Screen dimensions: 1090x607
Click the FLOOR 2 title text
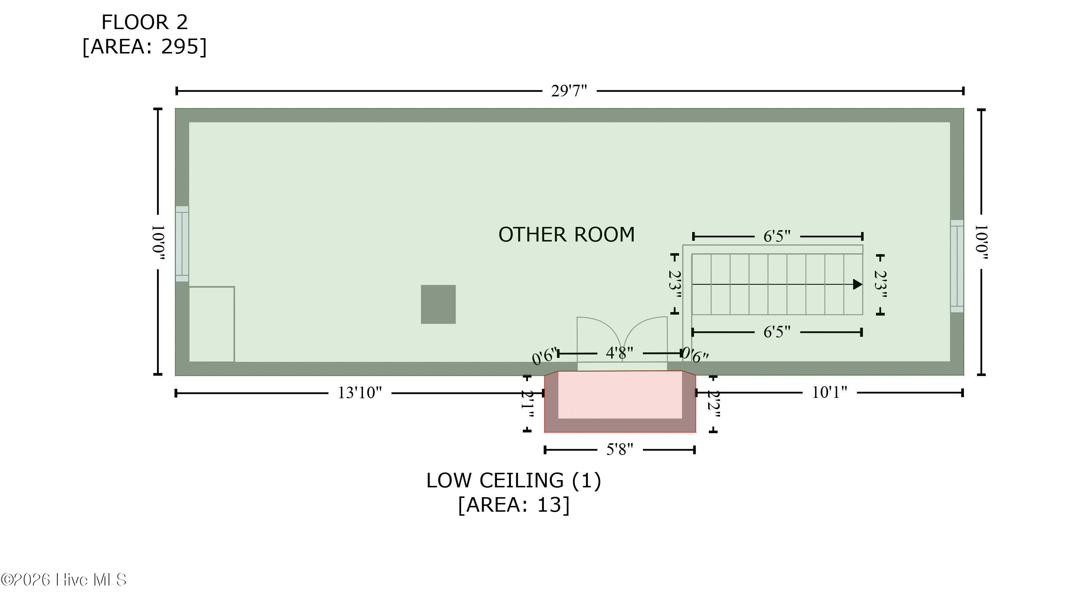pyautogui.click(x=144, y=22)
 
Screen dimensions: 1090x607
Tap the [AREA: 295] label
pyautogui.click(x=144, y=47)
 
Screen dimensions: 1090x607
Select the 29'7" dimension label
pyautogui.click(x=569, y=91)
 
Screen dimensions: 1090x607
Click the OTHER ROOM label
pyautogui.click(x=566, y=234)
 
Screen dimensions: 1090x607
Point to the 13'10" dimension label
pyautogui.click(x=359, y=393)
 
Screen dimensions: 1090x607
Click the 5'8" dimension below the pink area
pyautogui.click(x=619, y=449)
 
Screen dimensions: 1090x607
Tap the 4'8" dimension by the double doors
pyautogui.click(x=619, y=352)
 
